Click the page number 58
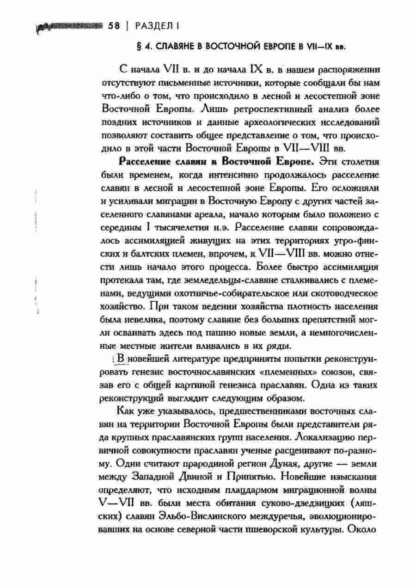tap(114, 26)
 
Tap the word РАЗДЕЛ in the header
tap(151, 26)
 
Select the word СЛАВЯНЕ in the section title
tap(177, 47)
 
